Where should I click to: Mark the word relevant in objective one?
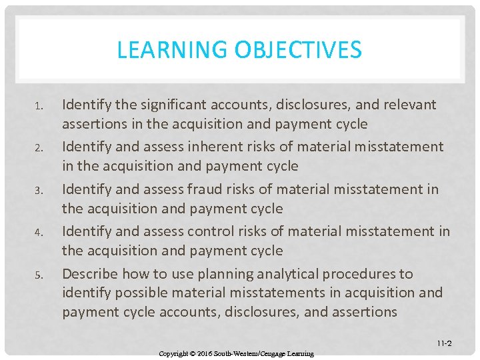click(403, 105)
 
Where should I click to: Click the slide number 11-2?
click(445, 344)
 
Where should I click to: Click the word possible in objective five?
click(140, 293)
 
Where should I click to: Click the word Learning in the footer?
click(300, 353)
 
